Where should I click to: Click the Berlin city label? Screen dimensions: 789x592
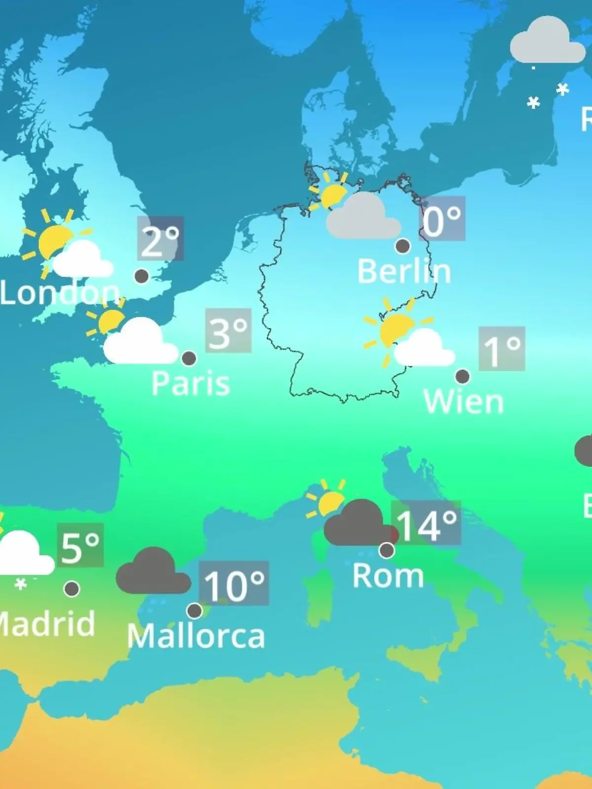pos(404,272)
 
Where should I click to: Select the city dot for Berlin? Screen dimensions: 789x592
pos(403,246)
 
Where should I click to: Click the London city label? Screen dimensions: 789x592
pos(59,292)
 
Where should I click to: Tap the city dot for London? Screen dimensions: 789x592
pos(142,276)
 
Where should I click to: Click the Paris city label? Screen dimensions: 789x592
pos(190,383)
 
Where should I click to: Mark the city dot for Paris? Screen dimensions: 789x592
pos(189,358)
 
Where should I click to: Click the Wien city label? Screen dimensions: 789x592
pos(463,401)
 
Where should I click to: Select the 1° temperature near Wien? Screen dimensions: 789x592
pos(502,349)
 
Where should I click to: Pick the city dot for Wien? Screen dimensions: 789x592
pos(462,376)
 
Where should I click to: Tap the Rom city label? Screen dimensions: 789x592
pos(388,575)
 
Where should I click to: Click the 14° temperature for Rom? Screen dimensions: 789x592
pos(426,524)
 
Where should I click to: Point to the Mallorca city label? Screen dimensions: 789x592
pos(196,636)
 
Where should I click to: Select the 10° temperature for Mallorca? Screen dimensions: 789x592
pos(234,584)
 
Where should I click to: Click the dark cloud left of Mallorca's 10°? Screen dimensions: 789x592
pos(153,572)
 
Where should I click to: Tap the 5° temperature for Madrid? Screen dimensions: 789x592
pos(80,546)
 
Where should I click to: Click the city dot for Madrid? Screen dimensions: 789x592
pos(72,588)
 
